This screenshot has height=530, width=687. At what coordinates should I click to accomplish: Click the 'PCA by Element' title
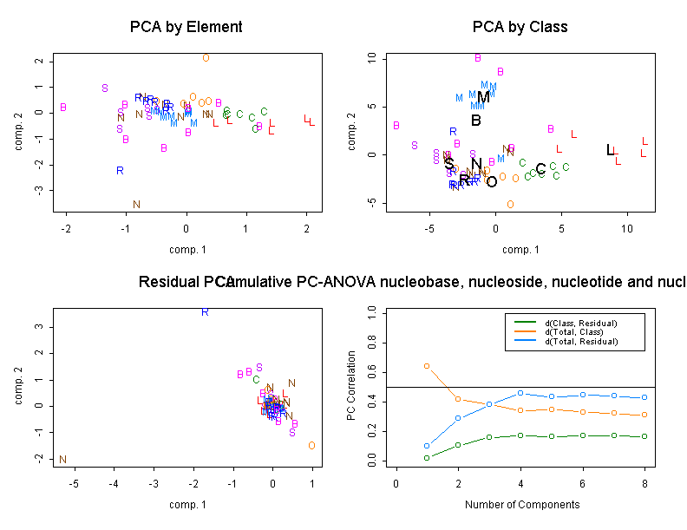tap(186, 27)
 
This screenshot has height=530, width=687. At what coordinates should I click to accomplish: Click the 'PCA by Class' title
tap(520, 27)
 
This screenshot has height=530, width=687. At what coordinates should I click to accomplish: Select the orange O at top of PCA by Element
tap(206, 58)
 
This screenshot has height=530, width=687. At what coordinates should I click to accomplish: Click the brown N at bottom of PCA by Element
tap(136, 205)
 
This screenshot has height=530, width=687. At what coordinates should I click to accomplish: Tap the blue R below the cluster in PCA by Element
tap(120, 171)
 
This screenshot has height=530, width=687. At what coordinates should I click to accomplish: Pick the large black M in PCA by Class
tap(484, 97)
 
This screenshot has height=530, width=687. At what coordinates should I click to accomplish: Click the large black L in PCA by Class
tap(611, 150)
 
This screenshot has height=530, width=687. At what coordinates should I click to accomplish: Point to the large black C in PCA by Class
tap(540, 169)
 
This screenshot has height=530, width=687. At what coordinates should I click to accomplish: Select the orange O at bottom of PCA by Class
tap(510, 205)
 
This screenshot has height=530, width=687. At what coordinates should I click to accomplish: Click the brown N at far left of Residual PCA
tap(62, 460)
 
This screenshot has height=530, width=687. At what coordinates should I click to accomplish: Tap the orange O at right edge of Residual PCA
tap(311, 446)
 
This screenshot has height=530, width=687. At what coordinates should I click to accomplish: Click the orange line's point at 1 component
tap(427, 366)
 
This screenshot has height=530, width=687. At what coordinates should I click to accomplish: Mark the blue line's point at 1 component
tap(427, 446)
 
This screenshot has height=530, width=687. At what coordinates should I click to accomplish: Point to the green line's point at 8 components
tap(644, 436)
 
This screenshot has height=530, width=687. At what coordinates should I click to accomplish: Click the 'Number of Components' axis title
tap(521, 505)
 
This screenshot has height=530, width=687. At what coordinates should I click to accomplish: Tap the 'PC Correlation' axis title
tap(351, 386)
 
